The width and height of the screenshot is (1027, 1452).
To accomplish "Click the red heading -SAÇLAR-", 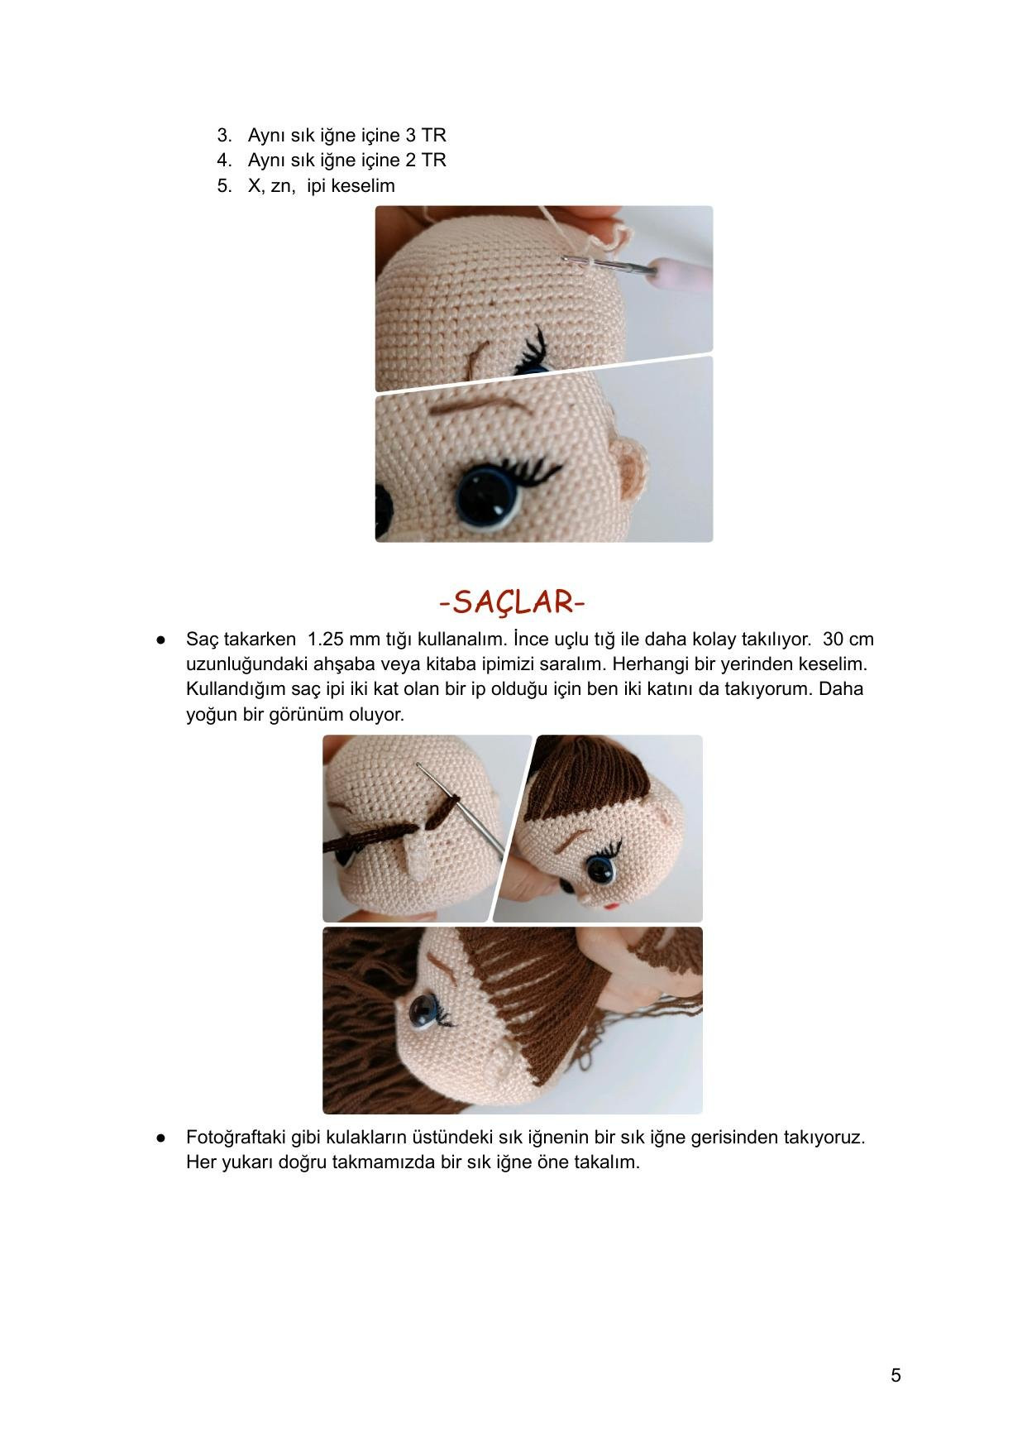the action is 513,601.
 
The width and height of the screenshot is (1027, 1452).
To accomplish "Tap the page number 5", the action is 896,1375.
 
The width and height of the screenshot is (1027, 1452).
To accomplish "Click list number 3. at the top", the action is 224,135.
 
